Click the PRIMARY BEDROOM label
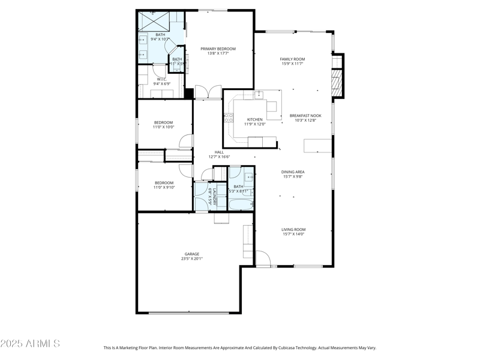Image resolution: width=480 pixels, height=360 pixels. [x=218, y=49]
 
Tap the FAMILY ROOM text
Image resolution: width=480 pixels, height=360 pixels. [x=292, y=59]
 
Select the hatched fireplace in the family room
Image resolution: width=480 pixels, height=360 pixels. [x=337, y=82]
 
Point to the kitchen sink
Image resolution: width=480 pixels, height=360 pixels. [x=259, y=95]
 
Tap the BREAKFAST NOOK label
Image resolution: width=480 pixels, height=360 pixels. [x=305, y=115]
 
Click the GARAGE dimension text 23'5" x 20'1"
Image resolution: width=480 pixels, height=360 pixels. [x=192, y=259]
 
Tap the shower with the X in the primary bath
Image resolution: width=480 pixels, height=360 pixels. [x=154, y=22]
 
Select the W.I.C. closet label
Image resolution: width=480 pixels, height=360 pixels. [x=161, y=79]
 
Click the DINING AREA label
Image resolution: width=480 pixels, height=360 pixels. [x=293, y=172]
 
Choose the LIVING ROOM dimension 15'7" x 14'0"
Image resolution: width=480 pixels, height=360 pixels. [x=293, y=235]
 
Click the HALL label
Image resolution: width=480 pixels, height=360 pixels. [x=219, y=152]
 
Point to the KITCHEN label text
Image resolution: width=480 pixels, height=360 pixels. [x=255, y=119]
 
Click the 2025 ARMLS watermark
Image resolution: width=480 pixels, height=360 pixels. [x=30, y=344]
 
